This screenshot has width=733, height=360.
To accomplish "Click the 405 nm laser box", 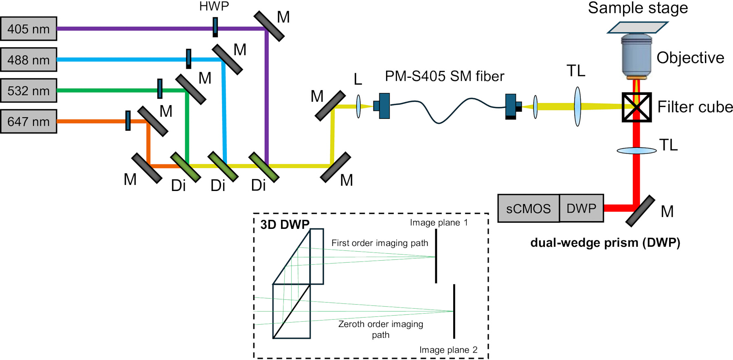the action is [x=29, y=29].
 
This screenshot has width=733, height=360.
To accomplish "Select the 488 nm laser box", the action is [x=29, y=60].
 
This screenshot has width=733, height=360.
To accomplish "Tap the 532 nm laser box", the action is [x=29, y=90].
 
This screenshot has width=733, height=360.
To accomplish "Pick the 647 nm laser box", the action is [x=29, y=121].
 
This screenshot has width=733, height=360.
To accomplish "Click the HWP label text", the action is [x=214, y=6].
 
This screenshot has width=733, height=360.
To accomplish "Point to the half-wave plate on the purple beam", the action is [x=215, y=27].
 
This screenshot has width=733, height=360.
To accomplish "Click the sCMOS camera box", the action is [x=529, y=209].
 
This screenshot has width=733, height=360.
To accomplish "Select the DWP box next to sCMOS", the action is [x=582, y=208].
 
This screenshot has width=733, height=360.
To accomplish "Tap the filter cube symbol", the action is [x=637, y=108].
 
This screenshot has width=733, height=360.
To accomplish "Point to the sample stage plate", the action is [x=638, y=27].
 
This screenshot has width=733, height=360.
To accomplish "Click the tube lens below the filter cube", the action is [x=636, y=151].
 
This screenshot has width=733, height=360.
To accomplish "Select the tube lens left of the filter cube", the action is [x=577, y=106].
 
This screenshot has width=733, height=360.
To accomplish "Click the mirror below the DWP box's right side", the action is [x=640, y=211].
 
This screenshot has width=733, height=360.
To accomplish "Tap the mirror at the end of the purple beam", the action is [x=269, y=26].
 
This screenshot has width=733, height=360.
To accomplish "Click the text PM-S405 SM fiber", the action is [x=445, y=76].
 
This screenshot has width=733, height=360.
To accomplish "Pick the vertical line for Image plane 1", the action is [x=436, y=256].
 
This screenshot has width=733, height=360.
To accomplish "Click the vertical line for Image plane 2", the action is [x=454, y=311].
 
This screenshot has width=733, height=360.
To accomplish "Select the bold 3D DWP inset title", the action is [x=285, y=224].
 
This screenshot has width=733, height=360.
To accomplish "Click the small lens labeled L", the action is [x=358, y=107].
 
